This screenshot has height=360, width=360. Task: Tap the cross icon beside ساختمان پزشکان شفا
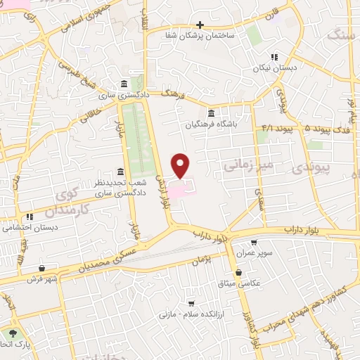point(200,25)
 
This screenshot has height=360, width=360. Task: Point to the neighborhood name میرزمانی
point(242,165)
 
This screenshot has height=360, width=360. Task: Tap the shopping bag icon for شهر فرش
point(42,268)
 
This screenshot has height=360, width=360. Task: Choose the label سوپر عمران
point(253,252)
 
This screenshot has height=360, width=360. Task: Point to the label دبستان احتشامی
point(29,228)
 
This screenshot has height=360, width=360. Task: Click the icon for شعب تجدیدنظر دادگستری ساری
point(121,172)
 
